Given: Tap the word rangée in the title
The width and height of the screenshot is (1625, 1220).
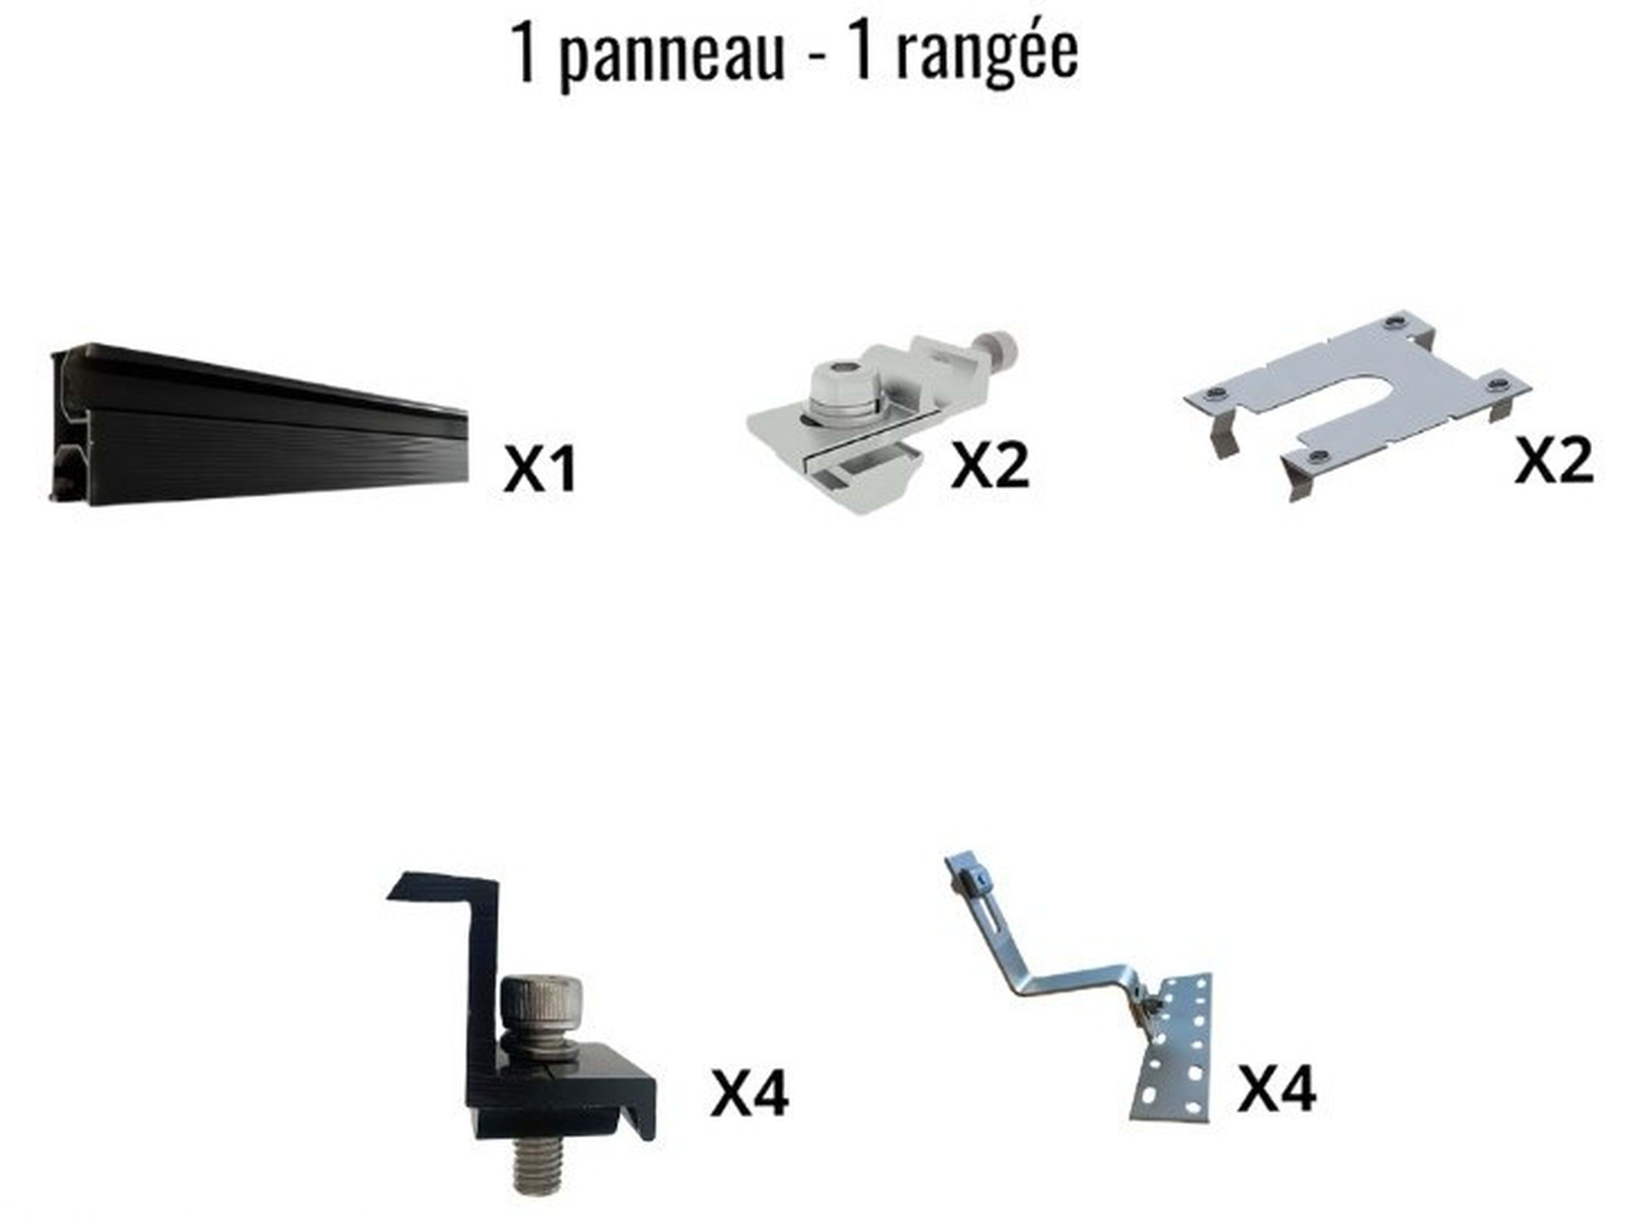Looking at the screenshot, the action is (987, 53).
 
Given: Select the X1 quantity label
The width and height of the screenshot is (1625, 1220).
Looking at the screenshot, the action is (540, 469).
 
